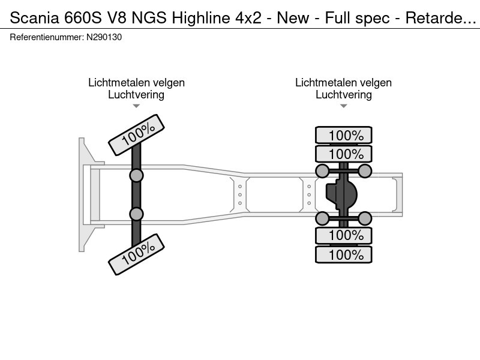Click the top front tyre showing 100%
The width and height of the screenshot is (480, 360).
click(137, 135)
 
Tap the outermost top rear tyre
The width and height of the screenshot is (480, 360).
click(344, 136)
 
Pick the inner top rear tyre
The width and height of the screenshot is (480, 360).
click(344, 154)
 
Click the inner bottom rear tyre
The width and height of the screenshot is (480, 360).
click(344, 235)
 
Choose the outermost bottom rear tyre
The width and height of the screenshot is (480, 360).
click(344, 254)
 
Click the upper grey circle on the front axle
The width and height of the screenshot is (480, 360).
click(137, 175)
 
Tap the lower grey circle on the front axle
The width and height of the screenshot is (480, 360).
click(137, 214)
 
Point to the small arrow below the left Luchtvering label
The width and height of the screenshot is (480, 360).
click(136, 106)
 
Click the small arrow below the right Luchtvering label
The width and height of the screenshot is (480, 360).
click(344, 106)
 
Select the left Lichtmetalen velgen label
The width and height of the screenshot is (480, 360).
click(136, 83)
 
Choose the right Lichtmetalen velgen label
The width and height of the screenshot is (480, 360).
click(343, 83)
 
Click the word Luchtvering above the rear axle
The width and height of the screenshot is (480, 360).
click(343, 95)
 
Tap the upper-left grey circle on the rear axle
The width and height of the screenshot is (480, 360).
click(323, 172)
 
